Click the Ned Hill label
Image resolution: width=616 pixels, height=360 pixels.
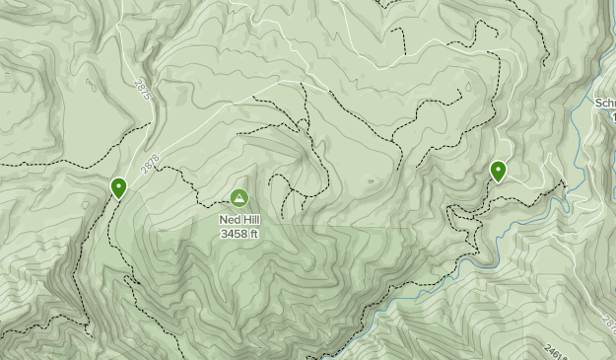[240, 221]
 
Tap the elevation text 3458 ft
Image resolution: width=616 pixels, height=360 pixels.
[240, 234]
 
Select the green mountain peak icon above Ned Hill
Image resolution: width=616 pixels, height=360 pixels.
[240, 198]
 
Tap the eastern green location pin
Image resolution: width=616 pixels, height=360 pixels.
[499, 172]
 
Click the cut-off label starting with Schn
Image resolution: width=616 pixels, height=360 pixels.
[605, 103]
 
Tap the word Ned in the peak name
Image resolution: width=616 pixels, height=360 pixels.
[229, 221]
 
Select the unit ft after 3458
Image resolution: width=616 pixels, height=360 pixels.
[253, 234]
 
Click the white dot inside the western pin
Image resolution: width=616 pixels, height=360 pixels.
[119, 184]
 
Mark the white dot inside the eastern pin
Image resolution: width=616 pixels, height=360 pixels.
[499, 169]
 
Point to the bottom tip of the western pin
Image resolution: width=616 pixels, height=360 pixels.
[119, 198]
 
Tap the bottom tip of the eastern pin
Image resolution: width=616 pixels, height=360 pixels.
[499, 182]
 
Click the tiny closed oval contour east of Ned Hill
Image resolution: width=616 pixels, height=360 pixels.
[370, 181]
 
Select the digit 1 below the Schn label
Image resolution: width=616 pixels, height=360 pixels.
[612, 116]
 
